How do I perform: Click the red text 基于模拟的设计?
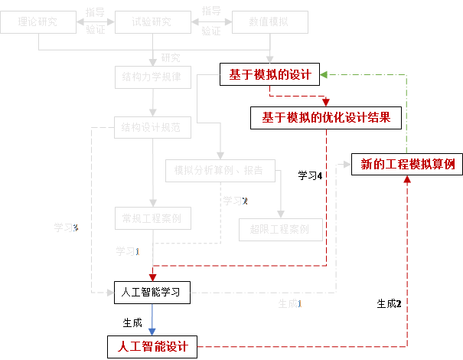(270, 74)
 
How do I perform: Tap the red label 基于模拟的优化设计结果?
(326, 117)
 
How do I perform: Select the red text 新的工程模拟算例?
(408, 164)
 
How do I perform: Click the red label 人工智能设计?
(153, 346)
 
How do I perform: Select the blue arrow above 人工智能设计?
(152, 320)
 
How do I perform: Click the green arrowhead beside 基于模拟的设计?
(324, 75)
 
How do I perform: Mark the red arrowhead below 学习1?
(153, 277)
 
